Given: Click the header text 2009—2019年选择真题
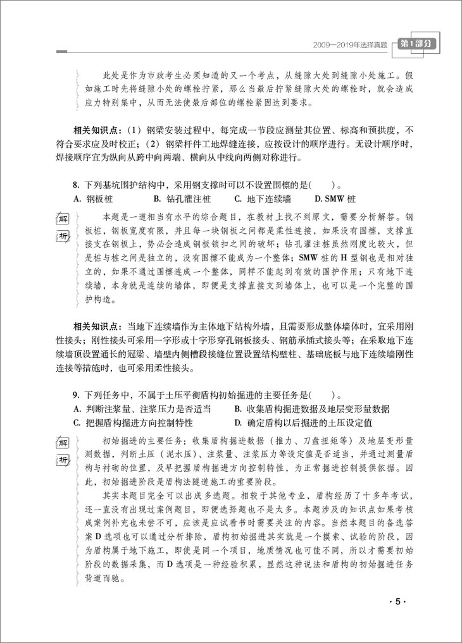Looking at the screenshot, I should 348,46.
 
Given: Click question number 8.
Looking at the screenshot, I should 77,185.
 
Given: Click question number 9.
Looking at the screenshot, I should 77,395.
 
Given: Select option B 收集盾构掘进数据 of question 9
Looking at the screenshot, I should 311,408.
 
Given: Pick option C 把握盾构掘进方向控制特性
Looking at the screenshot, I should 133,422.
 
